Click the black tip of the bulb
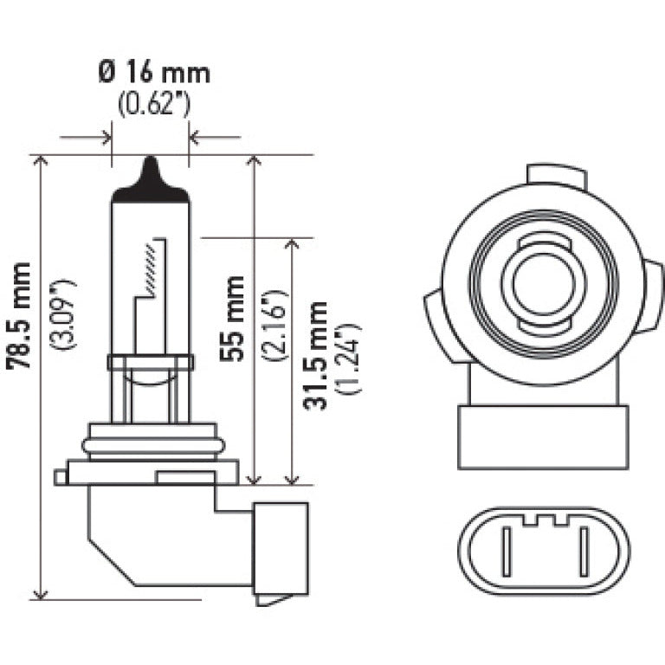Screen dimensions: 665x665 pyautogui.click(x=151, y=178)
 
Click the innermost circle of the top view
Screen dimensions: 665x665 pyautogui.click(x=540, y=284)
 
